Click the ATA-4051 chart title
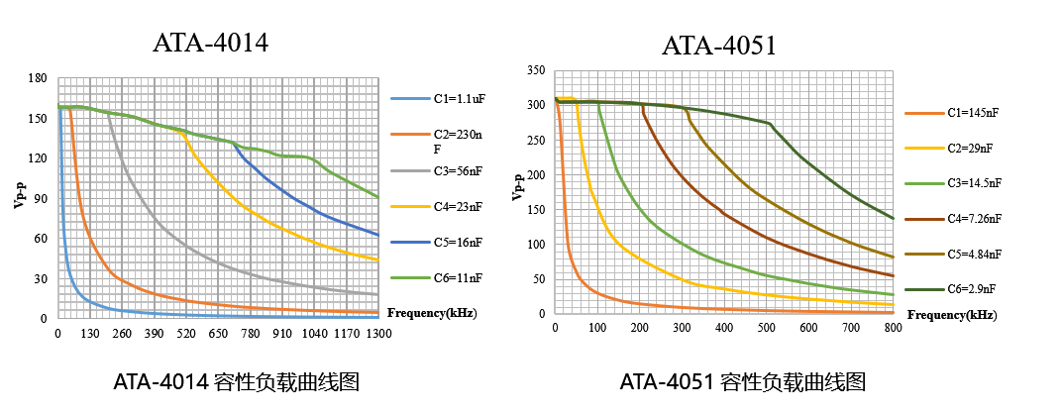coord(719,46)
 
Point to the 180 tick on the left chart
coord(39,78)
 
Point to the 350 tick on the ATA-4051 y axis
coord(536,70)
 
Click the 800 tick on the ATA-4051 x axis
coord(893,328)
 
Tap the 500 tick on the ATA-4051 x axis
coord(766,328)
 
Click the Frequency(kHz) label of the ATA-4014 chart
coord(431,313)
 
